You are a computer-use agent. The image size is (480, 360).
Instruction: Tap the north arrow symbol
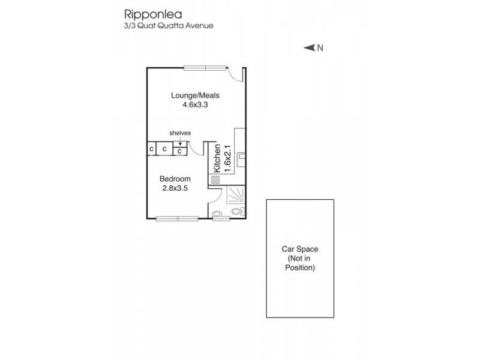tap(309, 48)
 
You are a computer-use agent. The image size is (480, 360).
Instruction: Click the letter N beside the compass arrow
tap(320, 48)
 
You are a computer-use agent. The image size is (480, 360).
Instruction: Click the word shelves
tap(180, 133)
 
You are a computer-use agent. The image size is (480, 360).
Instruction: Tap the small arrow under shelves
tap(180, 143)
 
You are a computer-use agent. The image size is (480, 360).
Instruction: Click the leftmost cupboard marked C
tap(151, 149)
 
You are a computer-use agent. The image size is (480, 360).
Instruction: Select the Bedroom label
tap(175, 179)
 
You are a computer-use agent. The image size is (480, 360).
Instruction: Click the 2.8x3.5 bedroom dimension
tap(175, 188)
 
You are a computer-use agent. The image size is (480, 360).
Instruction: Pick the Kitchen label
tap(217, 158)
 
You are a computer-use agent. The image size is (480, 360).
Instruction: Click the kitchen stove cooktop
tap(215, 179)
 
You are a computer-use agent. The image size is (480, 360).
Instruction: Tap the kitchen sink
tap(241, 158)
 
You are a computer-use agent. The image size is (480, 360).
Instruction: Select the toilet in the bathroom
tap(238, 212)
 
